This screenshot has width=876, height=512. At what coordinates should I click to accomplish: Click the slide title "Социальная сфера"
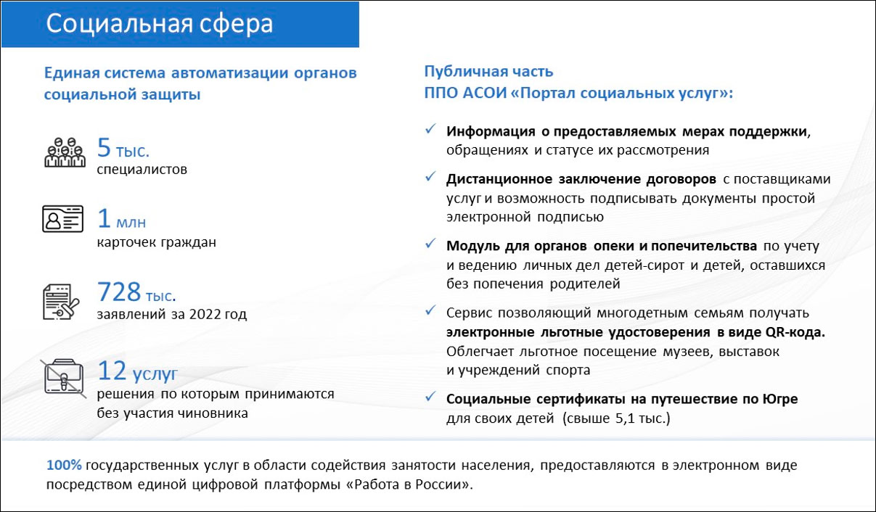[160, 24]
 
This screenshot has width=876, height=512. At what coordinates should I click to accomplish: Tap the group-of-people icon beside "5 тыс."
[65, 152]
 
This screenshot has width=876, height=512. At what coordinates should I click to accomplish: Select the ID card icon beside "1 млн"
[64, 219]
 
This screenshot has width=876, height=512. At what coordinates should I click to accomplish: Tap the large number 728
[119, 292]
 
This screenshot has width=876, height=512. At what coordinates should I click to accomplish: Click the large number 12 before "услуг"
[112, 371]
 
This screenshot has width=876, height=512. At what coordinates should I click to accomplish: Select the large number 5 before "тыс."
[104, 149]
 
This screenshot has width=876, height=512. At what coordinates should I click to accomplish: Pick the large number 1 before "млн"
[104, 219]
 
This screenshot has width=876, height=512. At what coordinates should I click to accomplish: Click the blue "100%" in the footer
[62, 464]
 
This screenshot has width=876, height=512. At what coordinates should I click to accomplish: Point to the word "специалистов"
[142, 170]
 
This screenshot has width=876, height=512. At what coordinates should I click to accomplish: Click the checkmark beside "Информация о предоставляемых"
[430, 129]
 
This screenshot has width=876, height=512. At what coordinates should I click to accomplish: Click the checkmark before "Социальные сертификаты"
[430, 397]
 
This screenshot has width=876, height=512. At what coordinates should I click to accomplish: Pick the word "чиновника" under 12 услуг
[216, 413]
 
